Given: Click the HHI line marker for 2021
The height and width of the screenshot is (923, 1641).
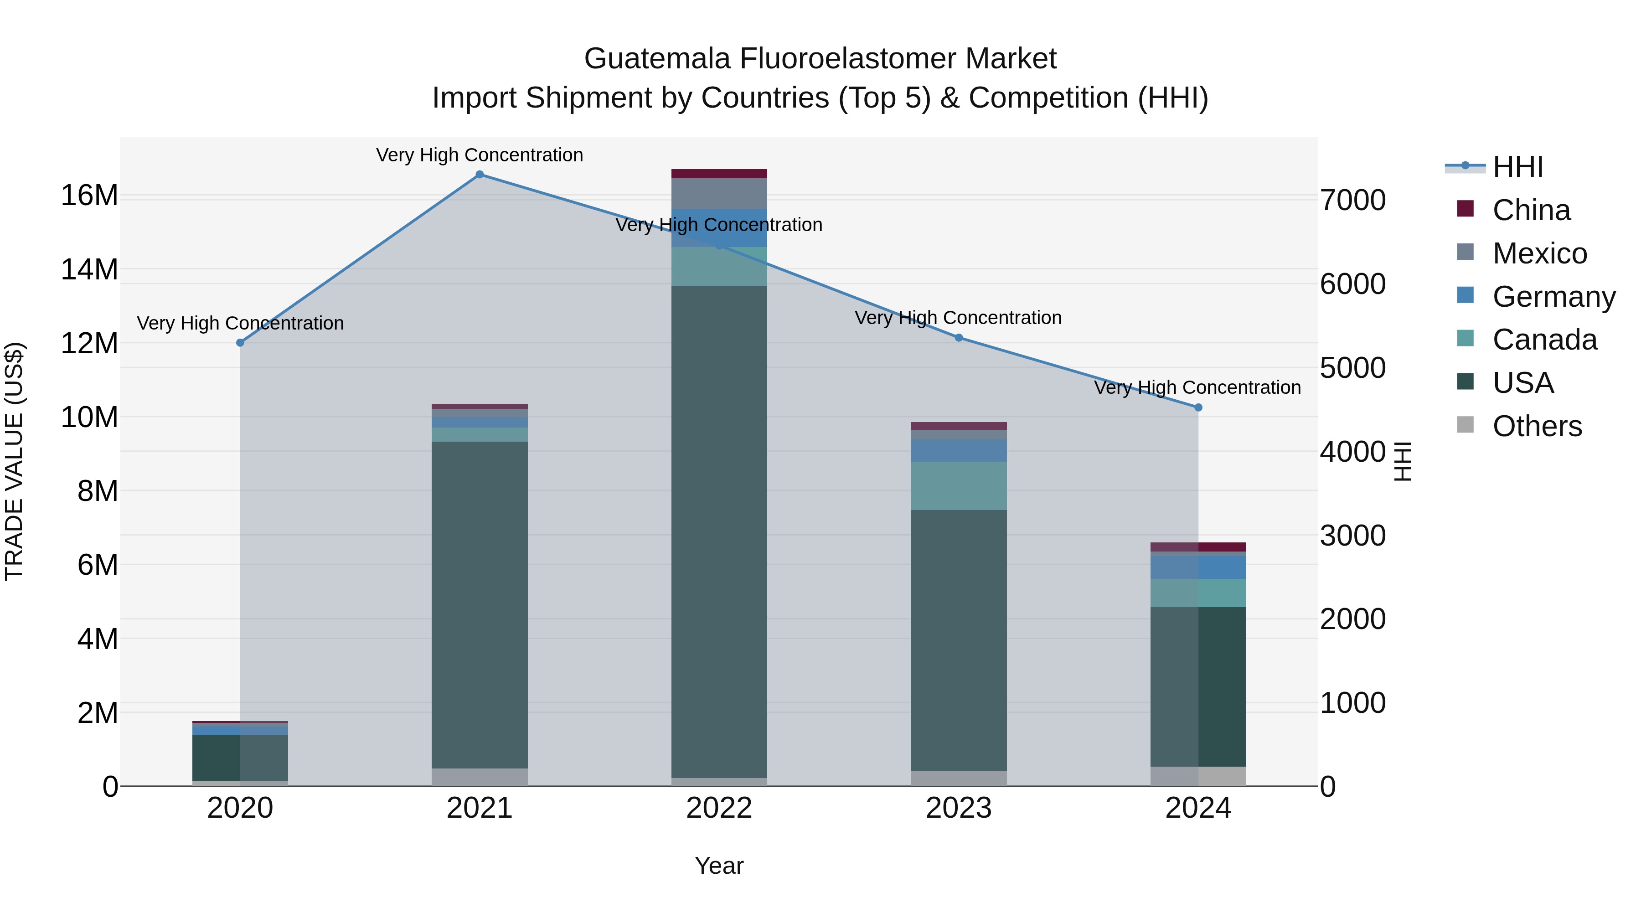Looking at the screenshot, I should [480, 175].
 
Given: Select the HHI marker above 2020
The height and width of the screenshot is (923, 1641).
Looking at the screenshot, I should [240, 343].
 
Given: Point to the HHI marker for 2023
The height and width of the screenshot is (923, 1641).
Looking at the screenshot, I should [959, 338].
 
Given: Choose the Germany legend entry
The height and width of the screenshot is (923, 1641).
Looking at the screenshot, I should [1553, 297].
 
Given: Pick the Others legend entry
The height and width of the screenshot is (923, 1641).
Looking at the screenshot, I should [1537, 426].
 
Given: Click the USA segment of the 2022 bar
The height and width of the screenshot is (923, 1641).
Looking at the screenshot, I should [719, 532].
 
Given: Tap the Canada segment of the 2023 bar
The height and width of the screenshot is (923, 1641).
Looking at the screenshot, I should [959, 486].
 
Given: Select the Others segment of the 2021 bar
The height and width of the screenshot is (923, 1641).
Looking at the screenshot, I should [480, 777].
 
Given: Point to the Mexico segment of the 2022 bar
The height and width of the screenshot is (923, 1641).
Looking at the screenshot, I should [719, 194].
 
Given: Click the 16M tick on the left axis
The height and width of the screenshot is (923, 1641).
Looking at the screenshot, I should [89, 196].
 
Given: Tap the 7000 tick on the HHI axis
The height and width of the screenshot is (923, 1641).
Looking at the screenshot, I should [1352, 200].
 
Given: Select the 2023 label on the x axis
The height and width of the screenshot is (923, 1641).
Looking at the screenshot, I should [959, 808].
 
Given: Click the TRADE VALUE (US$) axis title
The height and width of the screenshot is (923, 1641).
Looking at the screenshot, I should [14, 461].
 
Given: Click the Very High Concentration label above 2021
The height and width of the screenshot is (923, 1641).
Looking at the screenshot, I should [480, 155].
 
